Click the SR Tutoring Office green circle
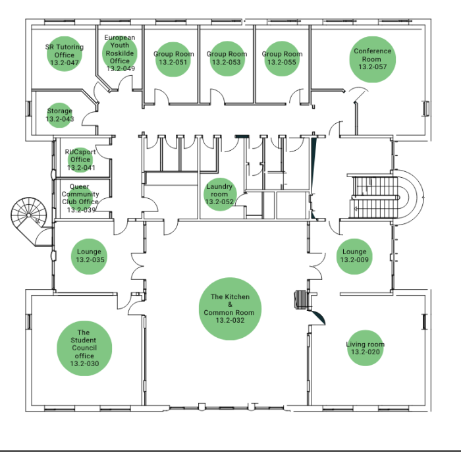pos(65,54)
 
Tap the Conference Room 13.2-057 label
pos(373,59)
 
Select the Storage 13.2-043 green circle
pos(60,115)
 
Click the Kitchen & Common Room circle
pos(230,309)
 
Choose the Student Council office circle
pos(84,348)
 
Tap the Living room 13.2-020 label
pos(365,348)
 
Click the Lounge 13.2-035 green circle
pos(90,256)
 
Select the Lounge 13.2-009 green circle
pos(354,256)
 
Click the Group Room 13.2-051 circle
pos(173,59)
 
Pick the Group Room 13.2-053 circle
pos(227,59)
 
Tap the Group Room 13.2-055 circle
pos(283,59)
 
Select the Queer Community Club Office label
pos(80,198)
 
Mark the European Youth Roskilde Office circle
pos(120,53)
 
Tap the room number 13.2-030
pos(84,364)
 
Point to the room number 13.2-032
pos(230,320)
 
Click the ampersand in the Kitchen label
pos(230,304)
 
